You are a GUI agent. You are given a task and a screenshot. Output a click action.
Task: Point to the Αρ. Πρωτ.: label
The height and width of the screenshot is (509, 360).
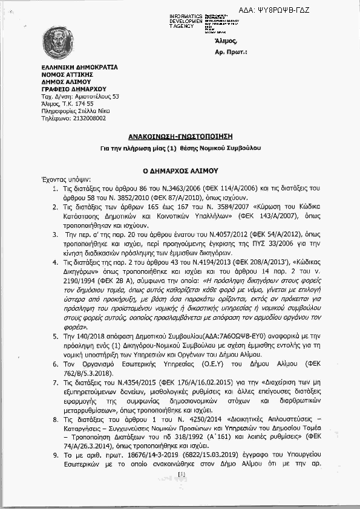[x=231, y=53]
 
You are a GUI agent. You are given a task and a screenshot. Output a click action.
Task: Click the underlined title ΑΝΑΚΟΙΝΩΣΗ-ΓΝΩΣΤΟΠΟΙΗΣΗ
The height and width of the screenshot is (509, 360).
[x=180, y=137]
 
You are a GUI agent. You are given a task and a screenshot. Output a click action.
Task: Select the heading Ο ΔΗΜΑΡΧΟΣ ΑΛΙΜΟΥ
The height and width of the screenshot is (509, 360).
[x=180, y=171]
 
